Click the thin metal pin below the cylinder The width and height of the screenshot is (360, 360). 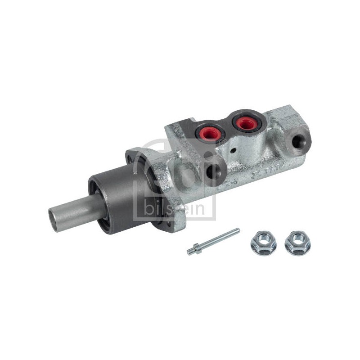pyautogui.click(x=213, y=241)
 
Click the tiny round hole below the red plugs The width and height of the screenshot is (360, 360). pyautogui.click(x=234, y=151)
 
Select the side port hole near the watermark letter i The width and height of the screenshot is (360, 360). pyautogui.click(x=211, y=171)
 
